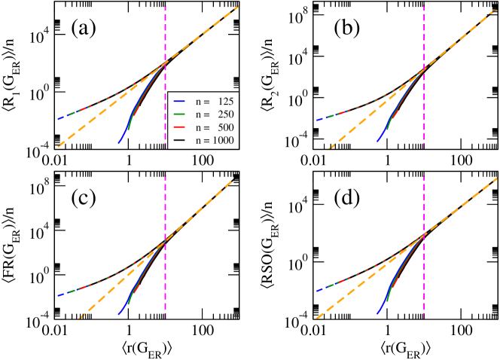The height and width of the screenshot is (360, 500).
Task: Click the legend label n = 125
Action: click(x=212, y=101)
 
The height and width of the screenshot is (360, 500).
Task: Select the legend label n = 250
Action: click(x=212, y=114)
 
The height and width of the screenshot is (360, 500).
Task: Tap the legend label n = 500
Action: click(x=212, y=127)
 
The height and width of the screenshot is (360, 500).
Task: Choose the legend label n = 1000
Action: click(x=212, y=141)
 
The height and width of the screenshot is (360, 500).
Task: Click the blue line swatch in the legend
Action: click(x=179, y=101)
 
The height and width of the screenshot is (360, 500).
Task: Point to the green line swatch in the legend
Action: click(x=179, y=114)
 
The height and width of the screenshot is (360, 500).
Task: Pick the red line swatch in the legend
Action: click(x=179, y=127)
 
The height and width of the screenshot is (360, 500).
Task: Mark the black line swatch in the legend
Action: click(x=179, y=141)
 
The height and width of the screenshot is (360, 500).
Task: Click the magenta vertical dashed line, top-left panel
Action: click(x=165, y=38)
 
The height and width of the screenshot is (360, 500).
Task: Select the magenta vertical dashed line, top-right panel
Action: click(x=424, y=38)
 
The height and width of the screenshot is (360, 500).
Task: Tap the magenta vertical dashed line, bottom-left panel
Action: click(x=165, y=203)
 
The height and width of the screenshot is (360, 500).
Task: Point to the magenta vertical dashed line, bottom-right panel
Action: click(x=424, y=203)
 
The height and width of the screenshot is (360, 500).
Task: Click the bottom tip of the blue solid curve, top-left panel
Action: click(x=118, y=142)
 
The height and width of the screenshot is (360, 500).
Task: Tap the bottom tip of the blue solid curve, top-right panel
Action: click(x=377, y=142)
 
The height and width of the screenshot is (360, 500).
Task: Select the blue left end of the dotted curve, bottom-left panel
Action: click(x=58, y=295)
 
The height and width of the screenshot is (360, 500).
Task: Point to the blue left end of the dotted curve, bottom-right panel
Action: click(x=317, y=291)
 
